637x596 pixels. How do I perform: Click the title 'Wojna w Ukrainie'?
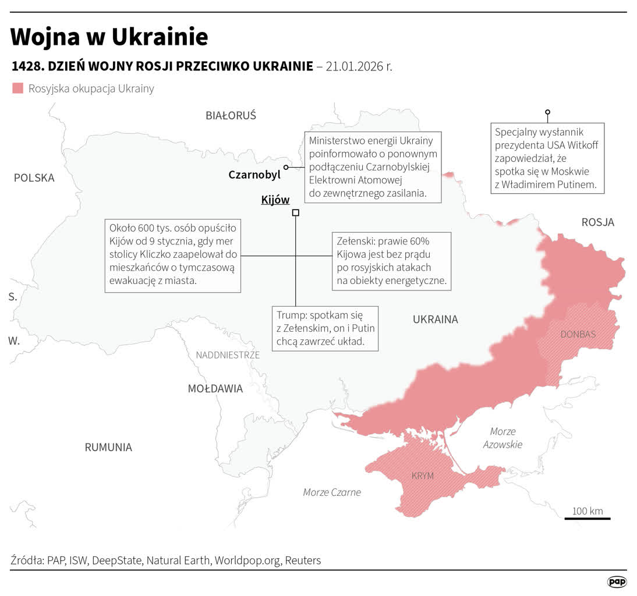click(x=109, y=37)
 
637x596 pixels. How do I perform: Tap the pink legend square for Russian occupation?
click(x=18, y=88)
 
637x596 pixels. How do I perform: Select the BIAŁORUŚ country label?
click(x=231, y=115)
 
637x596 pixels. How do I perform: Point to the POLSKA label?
click(x=34, y=178)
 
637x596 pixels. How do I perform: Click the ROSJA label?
click(x=597, y=222)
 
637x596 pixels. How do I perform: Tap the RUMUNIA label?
click(x=108, y=448)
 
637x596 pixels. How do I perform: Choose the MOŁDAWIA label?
click(x=215, y=389)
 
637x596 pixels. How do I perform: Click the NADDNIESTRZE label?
click(x=228, y=355)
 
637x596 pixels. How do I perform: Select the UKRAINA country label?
click(x=435, y=320)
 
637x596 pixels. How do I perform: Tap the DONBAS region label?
click(x=578, y=335)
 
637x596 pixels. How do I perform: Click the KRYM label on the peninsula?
click(x=422, y=476)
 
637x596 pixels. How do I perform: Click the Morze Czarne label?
click(x=332, y=492)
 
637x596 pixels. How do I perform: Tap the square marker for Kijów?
click(x=296, y=213)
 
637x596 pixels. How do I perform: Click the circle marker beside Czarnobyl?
click(x=286, y=167)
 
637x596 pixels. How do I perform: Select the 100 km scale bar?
click(x=588, y=517)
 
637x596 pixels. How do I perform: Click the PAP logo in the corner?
click(x=617, y=581)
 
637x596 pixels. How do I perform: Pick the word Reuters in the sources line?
click(x=303, y=560)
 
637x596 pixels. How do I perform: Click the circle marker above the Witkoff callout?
click(x=547, y=112)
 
